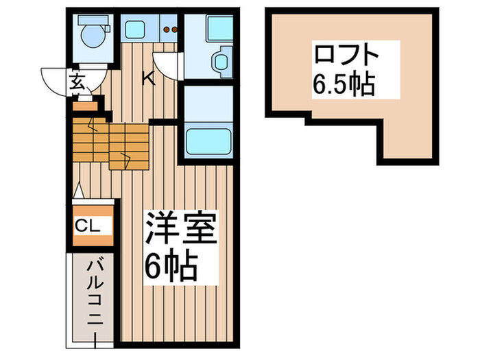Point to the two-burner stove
click(171, 29)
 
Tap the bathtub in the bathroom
click(211, 141)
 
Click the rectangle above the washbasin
click(221, 29)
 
